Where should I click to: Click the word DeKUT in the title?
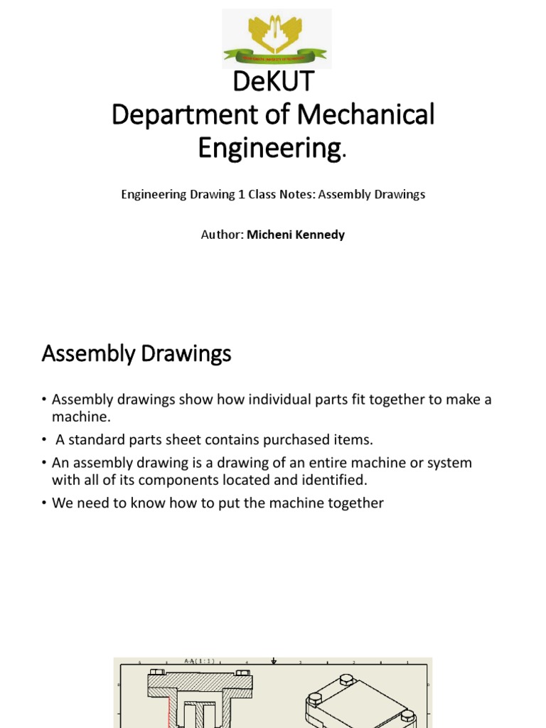coord(273,82)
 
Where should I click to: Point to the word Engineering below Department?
coord(269,148)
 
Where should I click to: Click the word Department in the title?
coord(181,115)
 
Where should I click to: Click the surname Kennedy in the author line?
coord(318,235)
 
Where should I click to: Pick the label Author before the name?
coord(221,235)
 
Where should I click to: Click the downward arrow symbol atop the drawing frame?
coord(274,661)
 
